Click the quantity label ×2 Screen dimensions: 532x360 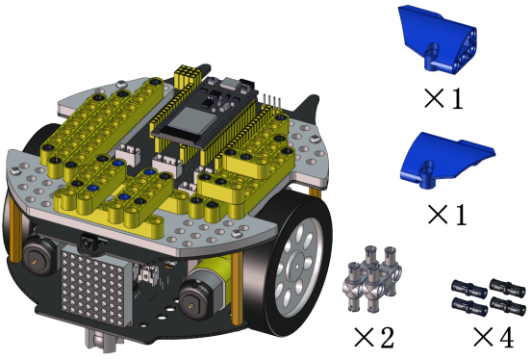[374, 337]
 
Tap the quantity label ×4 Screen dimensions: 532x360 [494, 337]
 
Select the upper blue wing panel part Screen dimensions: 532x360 [439, 39]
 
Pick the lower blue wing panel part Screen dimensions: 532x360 [444, 159]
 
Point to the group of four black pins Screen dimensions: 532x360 [487, 296]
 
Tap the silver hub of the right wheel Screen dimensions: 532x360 [298, 266]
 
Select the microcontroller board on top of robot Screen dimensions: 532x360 [205, 112]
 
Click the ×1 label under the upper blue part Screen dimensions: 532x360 [443, 98]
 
